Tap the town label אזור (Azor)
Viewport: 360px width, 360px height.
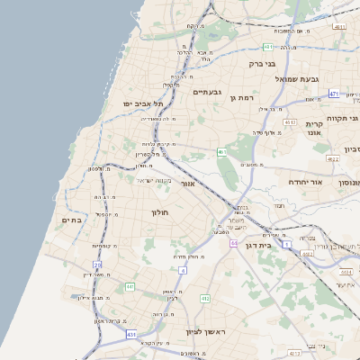tap(188, 184)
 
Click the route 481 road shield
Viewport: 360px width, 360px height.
tap(267, 46)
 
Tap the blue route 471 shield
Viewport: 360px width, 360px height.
tap(334, 94)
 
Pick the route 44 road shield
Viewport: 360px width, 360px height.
tap(233, 244)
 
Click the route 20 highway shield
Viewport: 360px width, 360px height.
tap(98, 265)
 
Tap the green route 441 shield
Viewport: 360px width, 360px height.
tap(130, 286)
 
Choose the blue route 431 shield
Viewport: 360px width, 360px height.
tap(131, 334)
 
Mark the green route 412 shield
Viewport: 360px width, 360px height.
tap(205, 298)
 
